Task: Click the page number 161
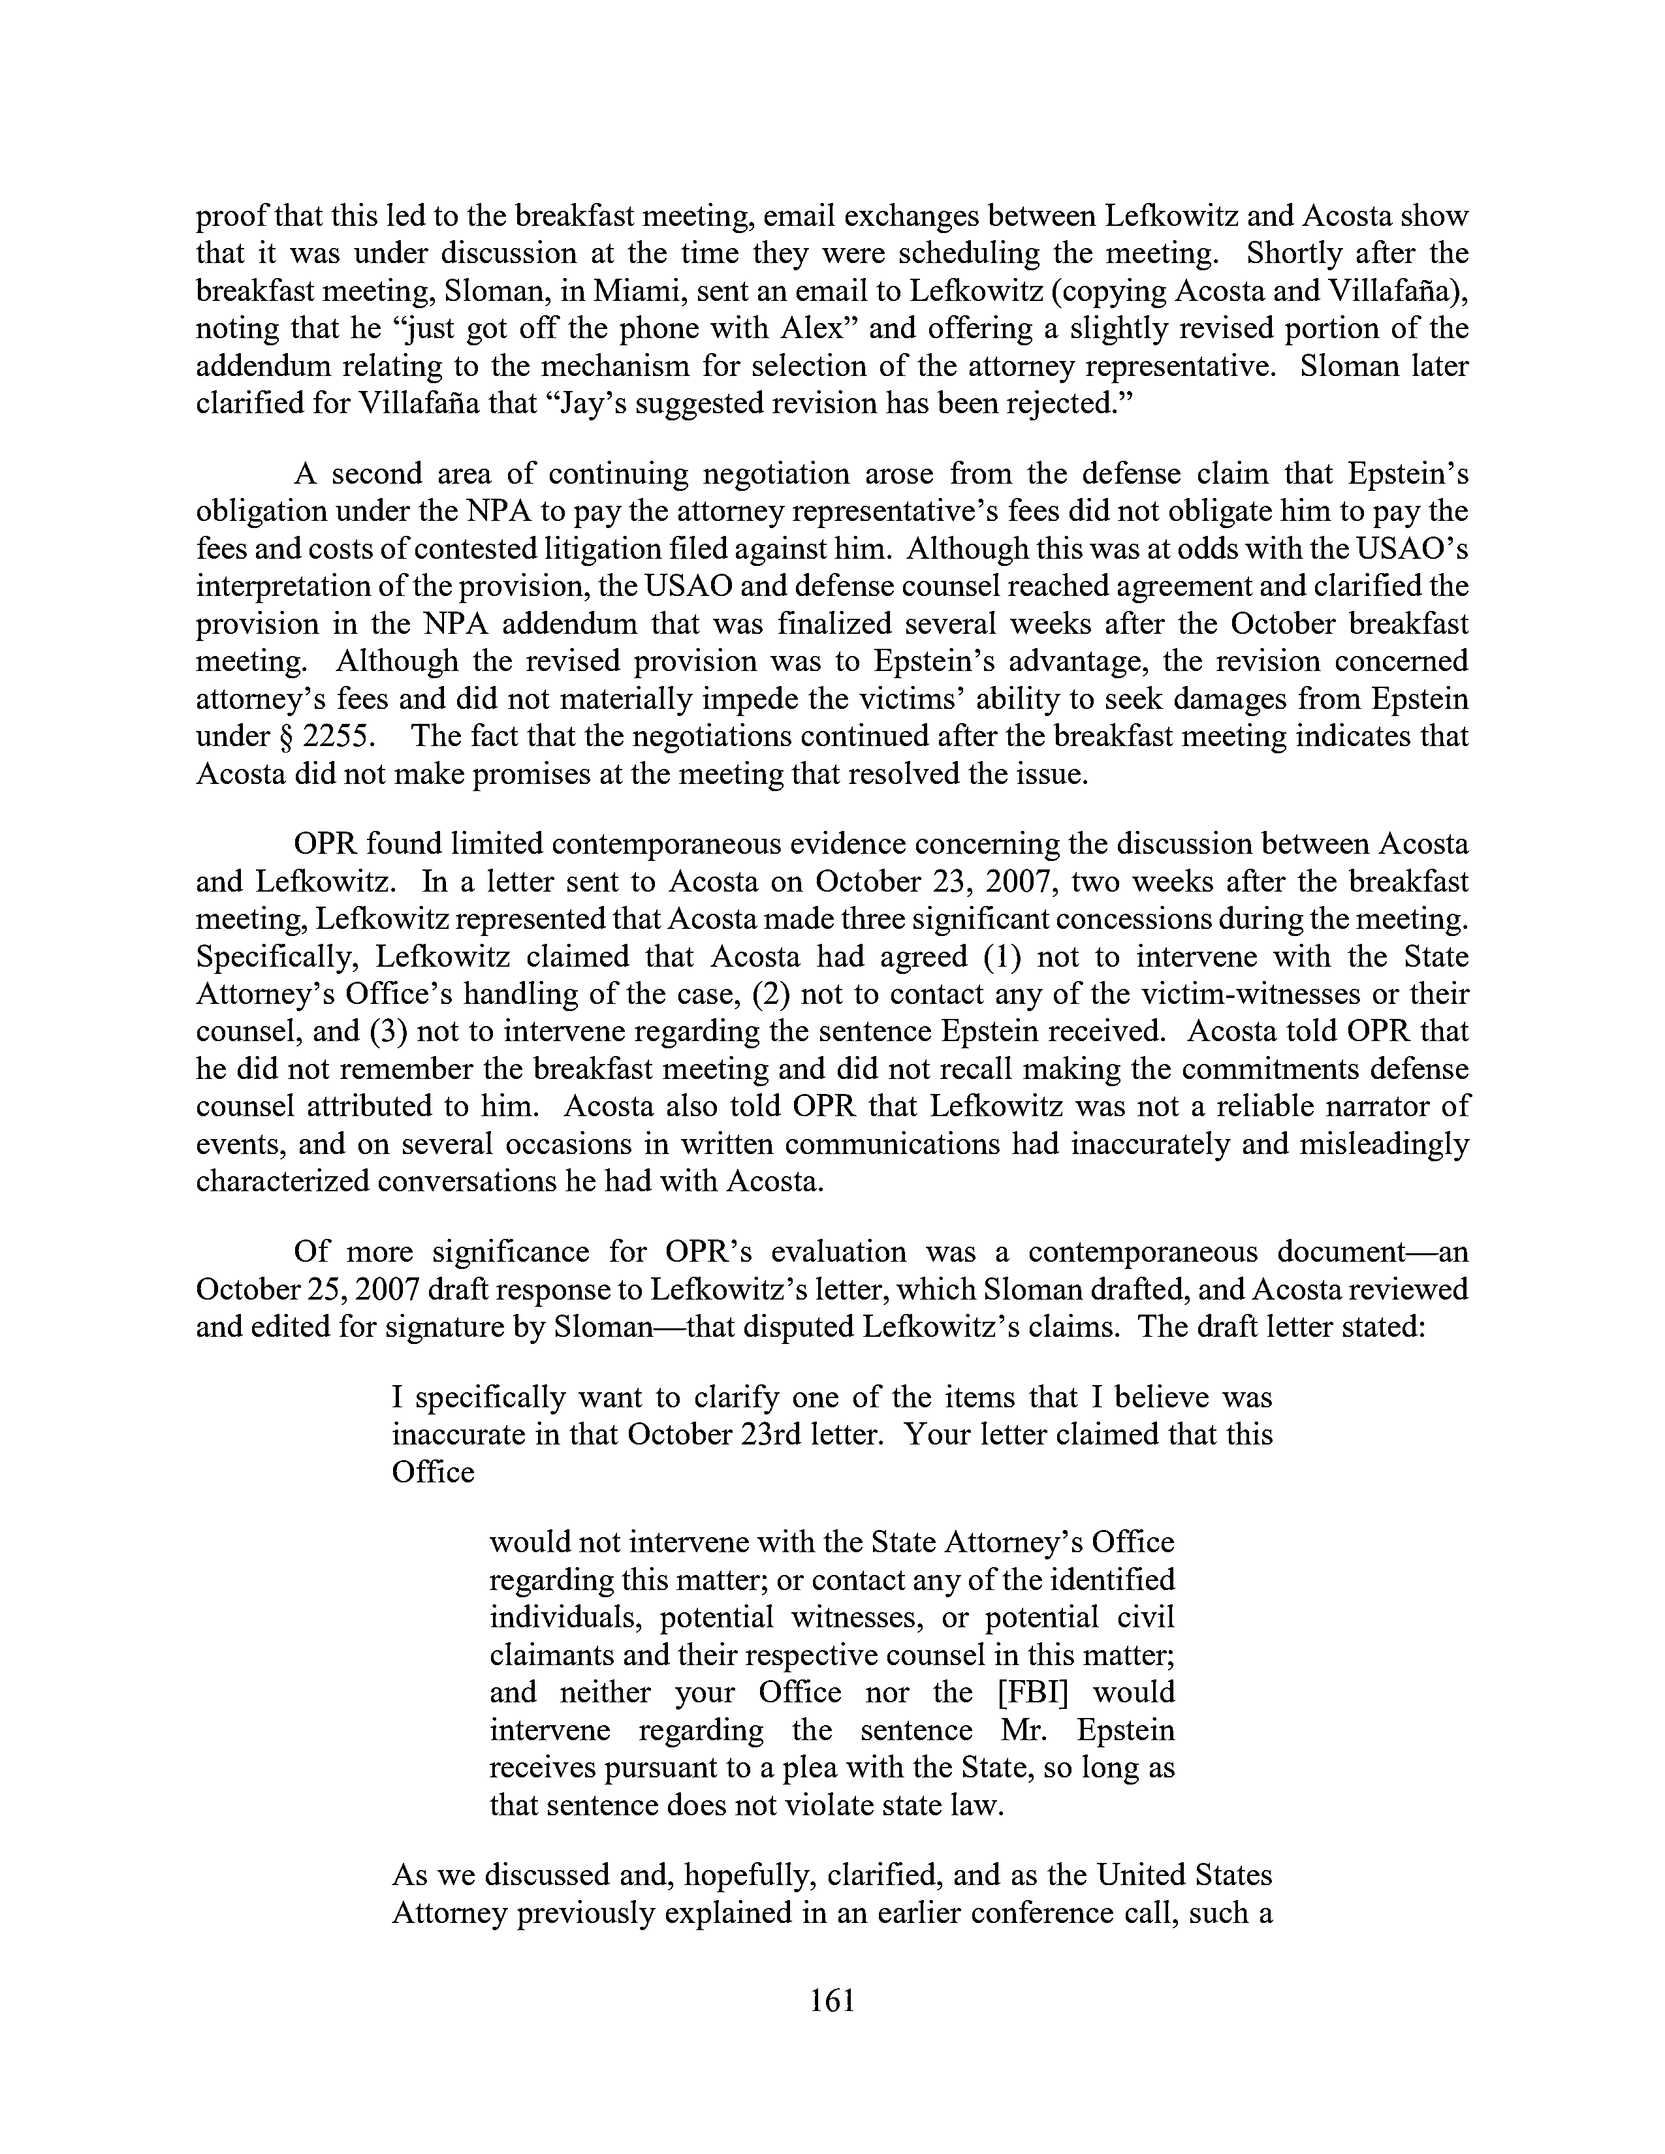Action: [x=831, y=2000]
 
